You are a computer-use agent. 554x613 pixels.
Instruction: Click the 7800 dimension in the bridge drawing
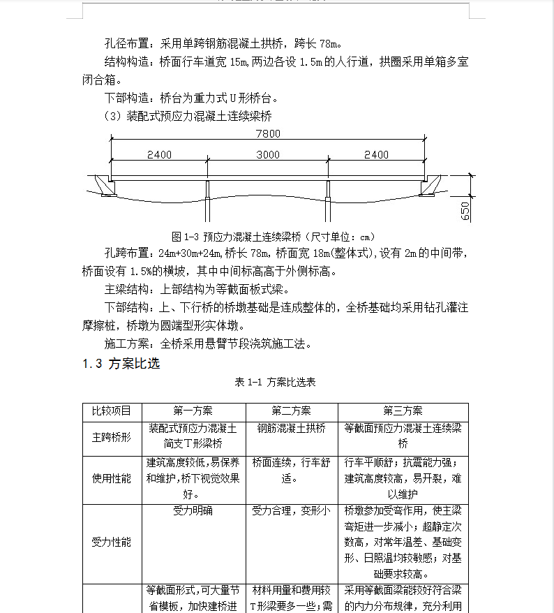(x=267, y=133)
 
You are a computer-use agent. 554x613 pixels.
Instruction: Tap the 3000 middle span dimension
(x=267, y=154)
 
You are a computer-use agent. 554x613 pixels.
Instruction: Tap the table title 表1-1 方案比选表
(x=276, y=383)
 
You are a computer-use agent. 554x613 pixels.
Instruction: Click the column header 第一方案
(x=193, y=411)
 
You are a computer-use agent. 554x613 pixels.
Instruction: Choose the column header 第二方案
(x=292, y=411)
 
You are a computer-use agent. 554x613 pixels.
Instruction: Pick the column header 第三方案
(x=403, y=411)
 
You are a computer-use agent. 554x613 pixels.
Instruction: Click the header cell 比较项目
(x=112, y=411)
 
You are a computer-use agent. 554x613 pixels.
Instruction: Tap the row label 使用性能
(x=112, y=479)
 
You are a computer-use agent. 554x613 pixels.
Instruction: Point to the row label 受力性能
(x=112, y=542)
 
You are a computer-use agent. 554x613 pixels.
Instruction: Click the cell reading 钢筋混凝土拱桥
(x=292, y=429)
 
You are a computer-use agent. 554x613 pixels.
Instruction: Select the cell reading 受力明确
(x=193, y=511)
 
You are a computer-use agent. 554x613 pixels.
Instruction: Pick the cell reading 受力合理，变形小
(x=292, y=511)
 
